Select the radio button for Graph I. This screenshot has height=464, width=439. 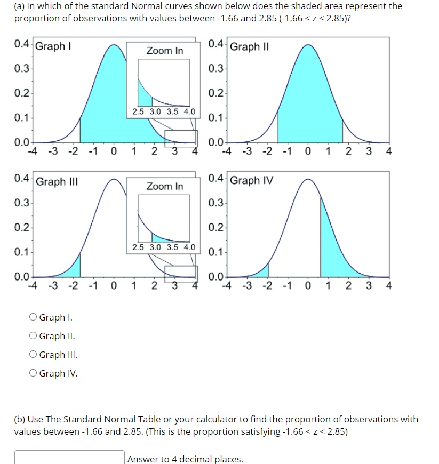(x=34, y=318)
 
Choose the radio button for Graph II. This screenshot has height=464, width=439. (x=34, y=336)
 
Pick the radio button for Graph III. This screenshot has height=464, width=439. (x=34, y=355)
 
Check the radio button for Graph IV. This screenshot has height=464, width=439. (x=34, y=373)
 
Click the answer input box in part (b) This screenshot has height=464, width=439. (x=69, y=458)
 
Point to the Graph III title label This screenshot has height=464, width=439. (x=57, y=181)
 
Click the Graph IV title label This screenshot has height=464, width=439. (x=251, y=180)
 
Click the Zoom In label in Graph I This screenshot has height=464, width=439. (x=165, y=51)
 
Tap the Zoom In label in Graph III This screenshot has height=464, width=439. (x=165, y=186)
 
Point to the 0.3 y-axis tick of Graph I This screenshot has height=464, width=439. (x=22, y=68)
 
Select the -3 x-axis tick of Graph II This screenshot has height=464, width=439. (x=246, y=151)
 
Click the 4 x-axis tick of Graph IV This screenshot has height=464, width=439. (x=388, y=286)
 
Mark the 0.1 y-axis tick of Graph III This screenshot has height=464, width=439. (x=22, y=252)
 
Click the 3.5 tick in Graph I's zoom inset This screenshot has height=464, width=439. (x=172, y=112)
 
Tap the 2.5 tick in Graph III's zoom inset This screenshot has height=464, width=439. (x=138, y=247)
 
